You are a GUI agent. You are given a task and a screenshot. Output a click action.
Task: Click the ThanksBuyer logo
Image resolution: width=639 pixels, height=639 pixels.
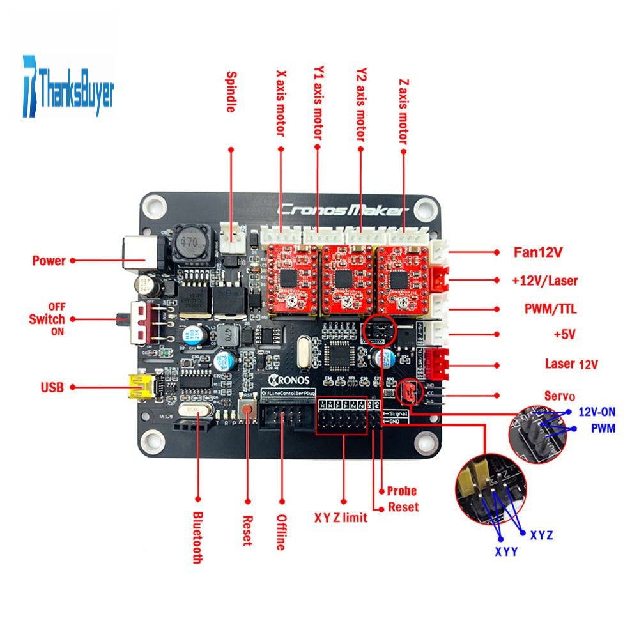coord(68,89)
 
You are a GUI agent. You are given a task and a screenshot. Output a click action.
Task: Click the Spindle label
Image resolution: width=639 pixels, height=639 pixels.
coord(231,92)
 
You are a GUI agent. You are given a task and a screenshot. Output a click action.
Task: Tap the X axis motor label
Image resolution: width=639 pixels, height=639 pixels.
coord(280,103)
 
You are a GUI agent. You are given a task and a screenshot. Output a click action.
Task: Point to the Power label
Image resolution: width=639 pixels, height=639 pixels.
coord(49,261)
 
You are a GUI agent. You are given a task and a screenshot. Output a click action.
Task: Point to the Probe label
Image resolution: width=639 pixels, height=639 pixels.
coord(402,491)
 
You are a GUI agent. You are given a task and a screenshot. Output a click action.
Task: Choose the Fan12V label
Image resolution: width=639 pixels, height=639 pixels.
coord(538,252)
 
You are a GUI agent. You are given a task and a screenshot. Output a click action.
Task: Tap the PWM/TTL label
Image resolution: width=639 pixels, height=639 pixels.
coord(546,309)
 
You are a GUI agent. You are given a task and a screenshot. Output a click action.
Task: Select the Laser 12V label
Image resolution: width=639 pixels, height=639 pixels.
coord(571,364)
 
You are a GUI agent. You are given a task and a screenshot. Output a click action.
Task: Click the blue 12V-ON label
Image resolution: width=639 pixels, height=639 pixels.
coord(597,413)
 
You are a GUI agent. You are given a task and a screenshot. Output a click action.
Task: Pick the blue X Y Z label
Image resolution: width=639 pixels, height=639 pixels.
coord(542,533)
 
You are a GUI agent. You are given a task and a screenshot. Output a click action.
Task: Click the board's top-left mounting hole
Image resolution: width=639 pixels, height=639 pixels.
coord(154,206)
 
